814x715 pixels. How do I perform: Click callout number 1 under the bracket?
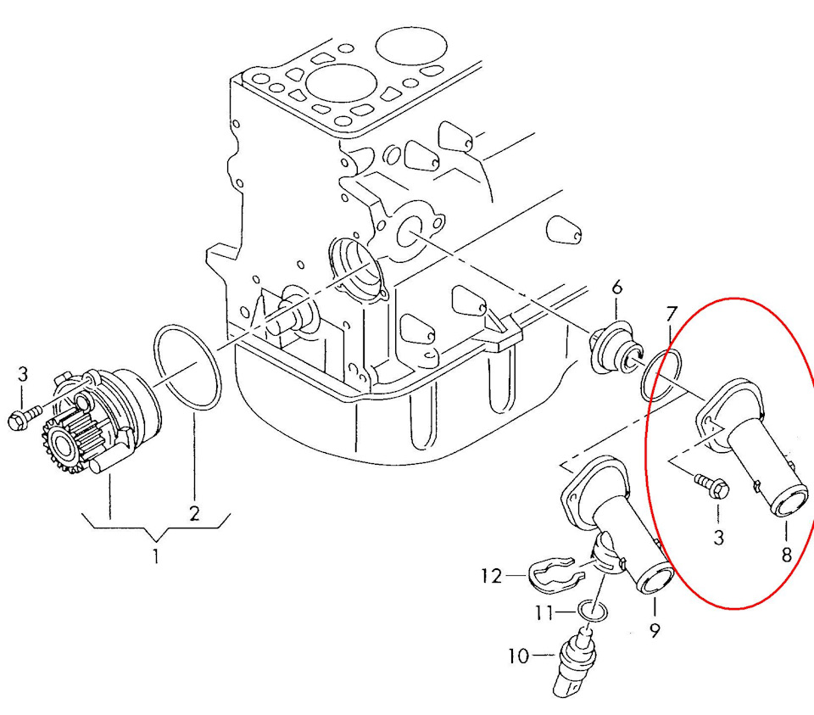point(155,556)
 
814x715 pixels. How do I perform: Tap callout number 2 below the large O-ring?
point(194,512)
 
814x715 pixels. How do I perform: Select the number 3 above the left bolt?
point(23,373)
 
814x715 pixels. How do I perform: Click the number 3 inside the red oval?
point(718,537)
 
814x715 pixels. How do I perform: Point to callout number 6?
point(616,288)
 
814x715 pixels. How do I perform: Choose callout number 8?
point(786,555)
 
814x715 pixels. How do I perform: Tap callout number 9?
point(655,629)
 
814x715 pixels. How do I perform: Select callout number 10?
point(518,656)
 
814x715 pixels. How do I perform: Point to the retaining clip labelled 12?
point(551,573)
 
